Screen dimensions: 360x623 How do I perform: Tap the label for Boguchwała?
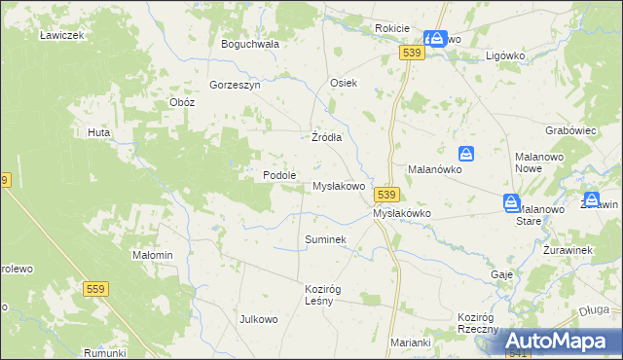pyautogui.click(x=250, y=44)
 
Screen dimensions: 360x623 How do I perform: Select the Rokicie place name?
pyautogui.click(x=391, y=29)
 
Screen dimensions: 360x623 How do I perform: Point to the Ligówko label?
pyautogui.click(x=505, y=55)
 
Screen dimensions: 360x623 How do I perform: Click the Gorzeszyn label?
pyautogui.click(x=235, y=85)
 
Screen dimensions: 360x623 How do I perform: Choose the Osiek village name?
pyautogui.click(x=345, y=83)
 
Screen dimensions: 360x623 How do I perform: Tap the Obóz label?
pyautogui.click(x=182, y=102)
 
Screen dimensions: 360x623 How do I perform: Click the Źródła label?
pyautogui.click(x=326, y=137)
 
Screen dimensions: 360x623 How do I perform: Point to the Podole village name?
pyautogui.click(x=279, y=175)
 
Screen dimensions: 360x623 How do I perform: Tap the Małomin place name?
pyautogui.click(x=152, y=255)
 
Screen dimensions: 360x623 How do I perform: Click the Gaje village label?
pyautogui.click(x=502, y=274)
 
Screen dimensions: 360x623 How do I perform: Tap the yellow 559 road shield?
pyautogui.click(x=95, y=289)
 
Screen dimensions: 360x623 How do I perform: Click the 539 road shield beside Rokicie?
pyautogui.click(x=411, y=54)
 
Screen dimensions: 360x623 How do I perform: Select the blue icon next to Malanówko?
pyautogui.click(x=467, y=154)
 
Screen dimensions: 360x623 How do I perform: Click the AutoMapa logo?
pyautogui.click(x=561, y=340)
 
